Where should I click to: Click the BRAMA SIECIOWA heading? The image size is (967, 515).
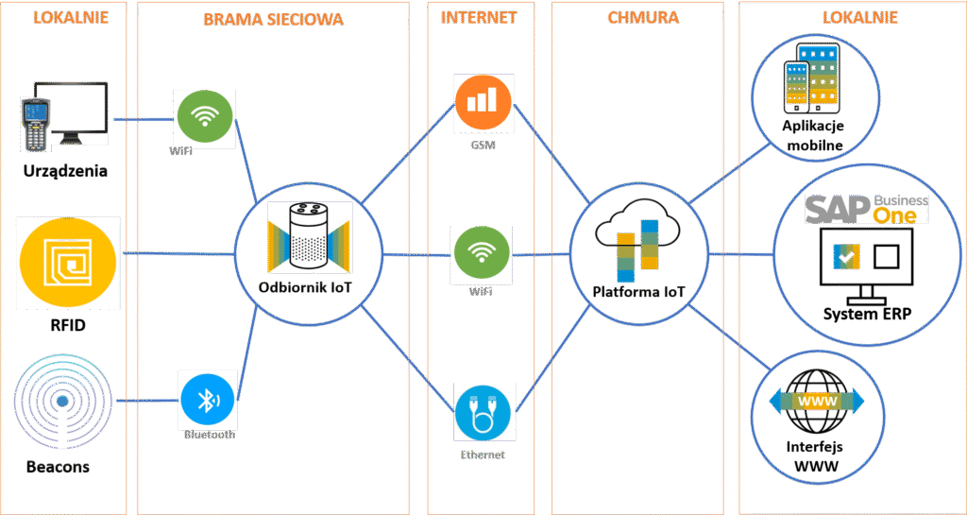pos(273,19)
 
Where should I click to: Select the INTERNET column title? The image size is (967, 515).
pos(479,17)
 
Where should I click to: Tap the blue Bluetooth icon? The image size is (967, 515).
pos(207,400)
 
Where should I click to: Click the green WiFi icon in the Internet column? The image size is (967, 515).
pos(483,255)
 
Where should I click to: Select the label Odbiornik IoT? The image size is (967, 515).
pos(304,287)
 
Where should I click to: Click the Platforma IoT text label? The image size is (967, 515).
pos(637,292)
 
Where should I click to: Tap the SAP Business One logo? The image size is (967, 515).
pos(866,209)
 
